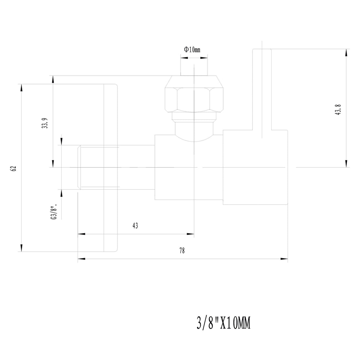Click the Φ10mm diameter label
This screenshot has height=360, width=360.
pos(192,50)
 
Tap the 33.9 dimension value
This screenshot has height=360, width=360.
pos(45,123)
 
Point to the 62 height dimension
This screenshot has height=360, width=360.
pos(13,169)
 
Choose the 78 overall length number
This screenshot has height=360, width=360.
pos(182,251)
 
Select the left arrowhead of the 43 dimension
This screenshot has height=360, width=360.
pos(81,234)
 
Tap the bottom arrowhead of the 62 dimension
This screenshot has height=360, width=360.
pos(21,248)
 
